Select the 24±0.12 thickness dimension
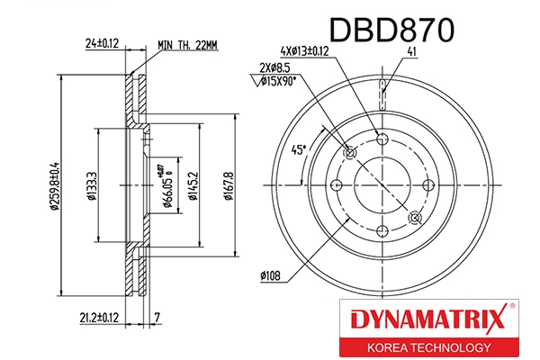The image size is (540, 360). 103,43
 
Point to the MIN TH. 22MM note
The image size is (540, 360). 189,43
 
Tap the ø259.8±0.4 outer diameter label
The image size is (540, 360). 55,184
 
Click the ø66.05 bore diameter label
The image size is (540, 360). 168,189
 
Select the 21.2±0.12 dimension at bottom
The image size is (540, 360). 100,318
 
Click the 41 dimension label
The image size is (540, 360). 411,52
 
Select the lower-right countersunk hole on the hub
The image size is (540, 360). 414,217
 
